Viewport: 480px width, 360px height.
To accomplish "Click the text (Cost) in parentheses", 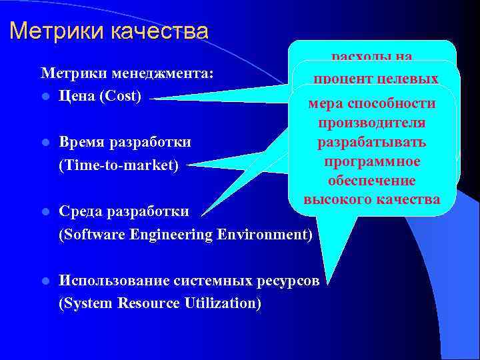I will [x=120, y=95].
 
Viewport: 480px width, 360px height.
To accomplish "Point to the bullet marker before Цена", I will [x=45, y=96].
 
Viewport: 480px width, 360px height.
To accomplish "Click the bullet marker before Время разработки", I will [x=45, y=143].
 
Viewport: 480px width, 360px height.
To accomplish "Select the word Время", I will [x=83, y=142].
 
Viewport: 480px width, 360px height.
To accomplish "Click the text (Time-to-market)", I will [x=119, y=165].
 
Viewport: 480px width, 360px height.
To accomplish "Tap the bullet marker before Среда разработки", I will [x=45, y=212].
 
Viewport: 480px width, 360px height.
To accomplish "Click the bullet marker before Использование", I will [x=45, y=281].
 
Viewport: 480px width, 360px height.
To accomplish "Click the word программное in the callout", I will [x=373, y=162].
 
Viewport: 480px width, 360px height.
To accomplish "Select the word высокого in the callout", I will [x=339, y=199].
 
